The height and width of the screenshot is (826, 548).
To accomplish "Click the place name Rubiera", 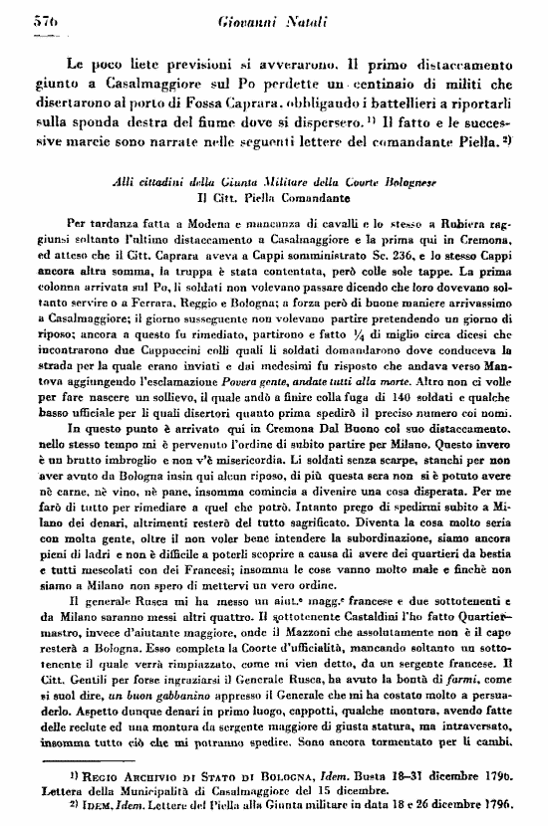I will point(453,227).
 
